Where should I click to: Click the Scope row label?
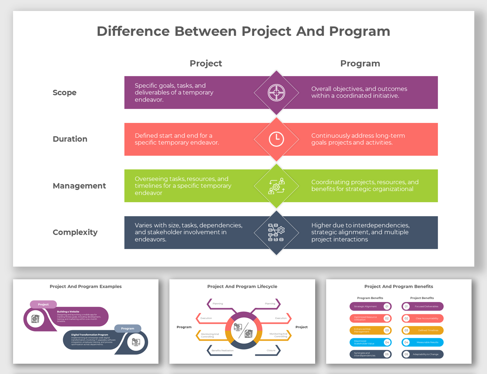point(65,93)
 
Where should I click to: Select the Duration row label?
point(70,139)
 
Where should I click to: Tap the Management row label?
point(79,186)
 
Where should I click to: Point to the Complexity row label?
point(75,232)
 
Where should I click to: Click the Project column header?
point(206,63)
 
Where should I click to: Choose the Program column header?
point(360,63)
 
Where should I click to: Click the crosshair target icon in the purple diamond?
point(276,93)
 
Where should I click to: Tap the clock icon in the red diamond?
point(276,139)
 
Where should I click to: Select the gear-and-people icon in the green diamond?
point(276,186)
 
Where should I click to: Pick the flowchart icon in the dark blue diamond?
point(276,233)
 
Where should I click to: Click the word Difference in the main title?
point(133,31)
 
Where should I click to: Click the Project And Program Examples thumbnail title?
point(86,287)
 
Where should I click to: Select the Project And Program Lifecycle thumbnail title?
point(242,287)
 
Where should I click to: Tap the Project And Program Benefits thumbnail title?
point(399,287)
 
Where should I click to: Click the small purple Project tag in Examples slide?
point(43,304)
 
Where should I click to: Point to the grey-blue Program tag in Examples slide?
point(128,328)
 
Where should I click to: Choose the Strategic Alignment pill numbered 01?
point(370,306)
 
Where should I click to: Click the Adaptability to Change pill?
point(422,354)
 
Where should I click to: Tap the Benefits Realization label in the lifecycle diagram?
point(222,350)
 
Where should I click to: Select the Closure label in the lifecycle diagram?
point(271,350)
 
